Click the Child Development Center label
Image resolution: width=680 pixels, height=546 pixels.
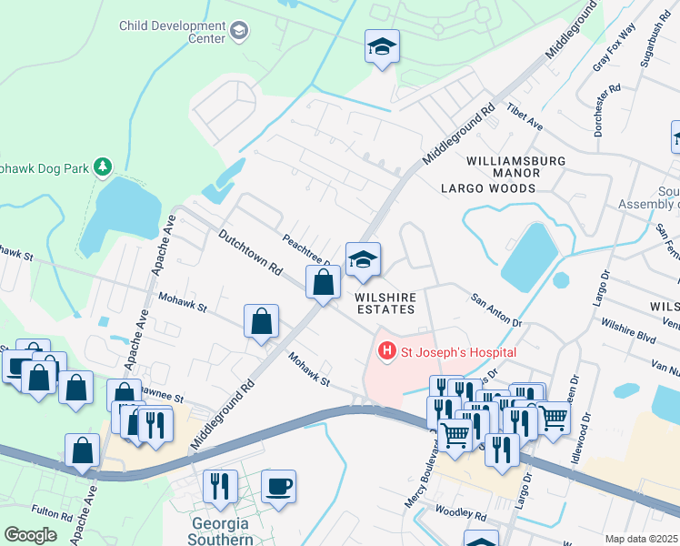coord(172,32)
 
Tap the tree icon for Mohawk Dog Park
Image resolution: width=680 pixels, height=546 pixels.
coord(105,166)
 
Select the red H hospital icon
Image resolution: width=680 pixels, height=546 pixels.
coord(386,351)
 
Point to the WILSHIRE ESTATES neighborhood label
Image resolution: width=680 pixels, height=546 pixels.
coord(385,303)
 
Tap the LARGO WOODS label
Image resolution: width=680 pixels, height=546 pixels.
coord(487,188)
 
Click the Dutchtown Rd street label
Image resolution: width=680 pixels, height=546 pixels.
coord(251,253)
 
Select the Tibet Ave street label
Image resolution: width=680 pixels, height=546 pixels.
coord(525,116)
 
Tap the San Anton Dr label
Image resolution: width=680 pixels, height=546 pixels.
coord(495,309)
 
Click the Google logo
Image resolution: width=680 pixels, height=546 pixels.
coord(30,535)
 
